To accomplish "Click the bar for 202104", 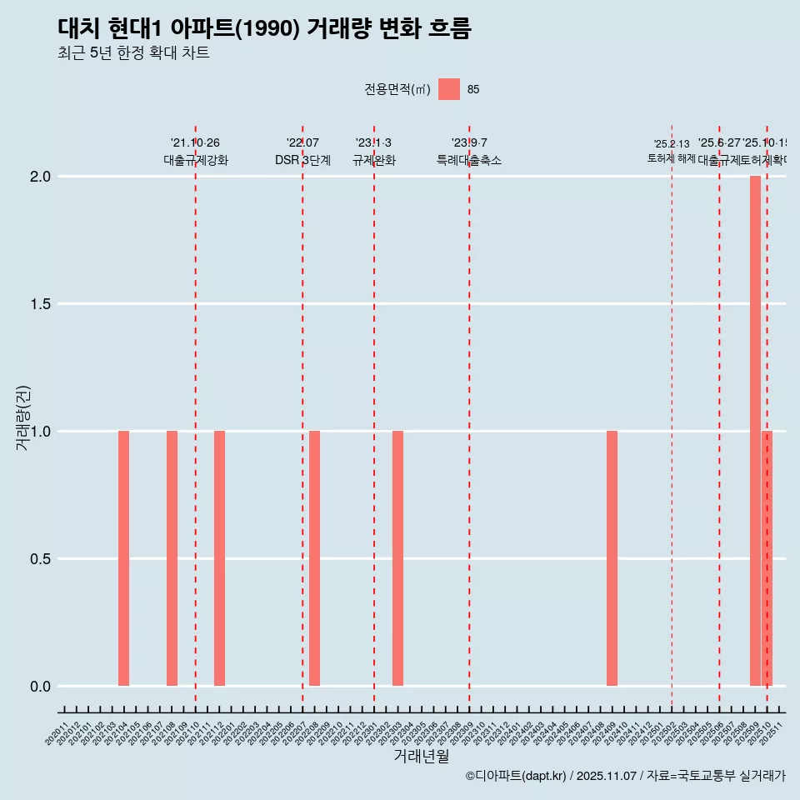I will click(x=123, y=558).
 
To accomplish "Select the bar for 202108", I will click(x=172, y=558).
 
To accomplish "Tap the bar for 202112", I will click(x=219, y=558).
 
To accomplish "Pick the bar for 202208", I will click(x=314, y=558).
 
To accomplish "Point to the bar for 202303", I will click(x=397, y=558).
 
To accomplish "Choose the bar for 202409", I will click(x=612, y=558).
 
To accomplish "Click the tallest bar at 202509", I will click(x=755, y=431).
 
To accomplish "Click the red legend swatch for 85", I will click(x=449, y=89).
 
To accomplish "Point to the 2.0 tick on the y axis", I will click(x=42, y=177).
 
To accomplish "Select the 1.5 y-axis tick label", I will click(x=42, y=304).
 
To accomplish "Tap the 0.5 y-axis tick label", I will click(x=42, y=559).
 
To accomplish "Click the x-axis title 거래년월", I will click(x=421, y=757).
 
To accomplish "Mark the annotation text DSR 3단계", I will click(x=302, y=161).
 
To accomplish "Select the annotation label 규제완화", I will click(x=373, y=161).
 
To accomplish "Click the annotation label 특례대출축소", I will click(x=469, y=161).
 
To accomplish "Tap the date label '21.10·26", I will click(x=195, y=143).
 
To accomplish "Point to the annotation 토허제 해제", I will click(x=671, y=158).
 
